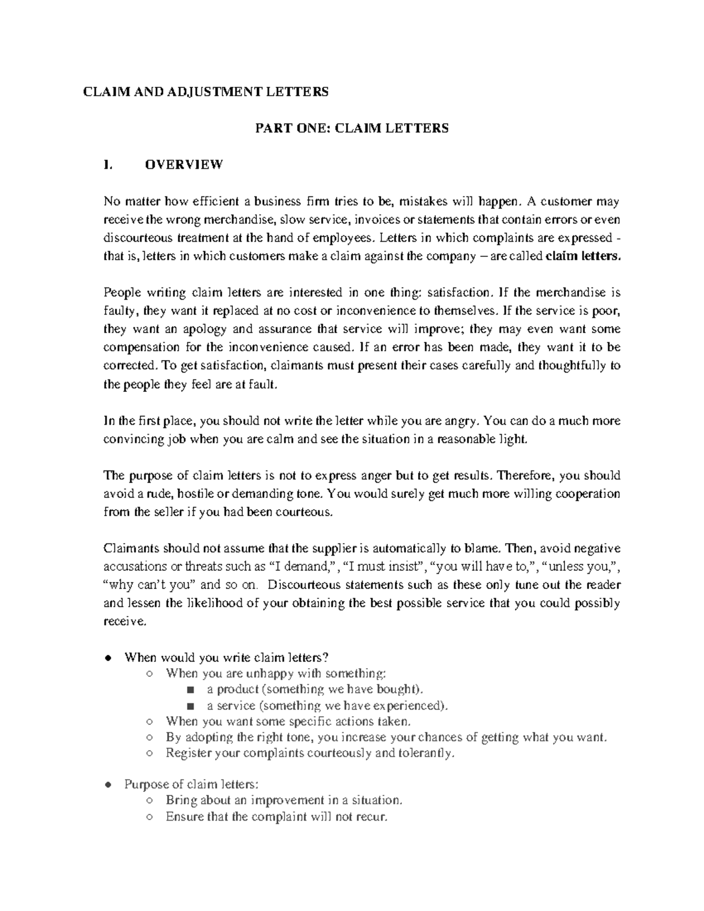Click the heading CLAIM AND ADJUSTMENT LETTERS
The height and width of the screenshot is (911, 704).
point(205,92)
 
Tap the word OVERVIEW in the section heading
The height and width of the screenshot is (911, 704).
point(184,165)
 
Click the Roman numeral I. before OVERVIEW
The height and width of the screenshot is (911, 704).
point(107,165)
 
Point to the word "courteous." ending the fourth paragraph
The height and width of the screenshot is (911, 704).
point(308,512)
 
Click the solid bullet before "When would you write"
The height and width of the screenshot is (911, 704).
point(108,658)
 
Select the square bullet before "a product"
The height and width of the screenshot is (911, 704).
point(190,690)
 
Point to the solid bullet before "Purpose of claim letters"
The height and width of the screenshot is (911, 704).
point(108,785)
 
